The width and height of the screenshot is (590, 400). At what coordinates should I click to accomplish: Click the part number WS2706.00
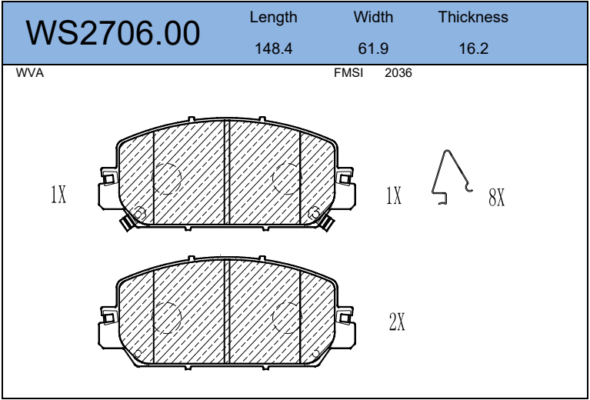[113, 34]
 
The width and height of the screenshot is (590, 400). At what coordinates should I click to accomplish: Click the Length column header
[274, 18]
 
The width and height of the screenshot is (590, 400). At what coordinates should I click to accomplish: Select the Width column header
[373, 17]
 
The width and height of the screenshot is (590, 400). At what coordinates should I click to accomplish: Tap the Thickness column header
[473, 17]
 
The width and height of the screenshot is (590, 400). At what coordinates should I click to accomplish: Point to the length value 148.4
[274, 48]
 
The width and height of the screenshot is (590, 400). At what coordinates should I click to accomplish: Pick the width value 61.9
[373, 48]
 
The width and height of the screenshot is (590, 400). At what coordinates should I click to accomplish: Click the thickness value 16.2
[473, 48]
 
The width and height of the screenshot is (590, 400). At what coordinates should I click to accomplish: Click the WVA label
[30, 73]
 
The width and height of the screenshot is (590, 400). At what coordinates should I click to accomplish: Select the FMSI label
[348, 73]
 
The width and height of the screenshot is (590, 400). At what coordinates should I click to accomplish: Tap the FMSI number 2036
[398, 73]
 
